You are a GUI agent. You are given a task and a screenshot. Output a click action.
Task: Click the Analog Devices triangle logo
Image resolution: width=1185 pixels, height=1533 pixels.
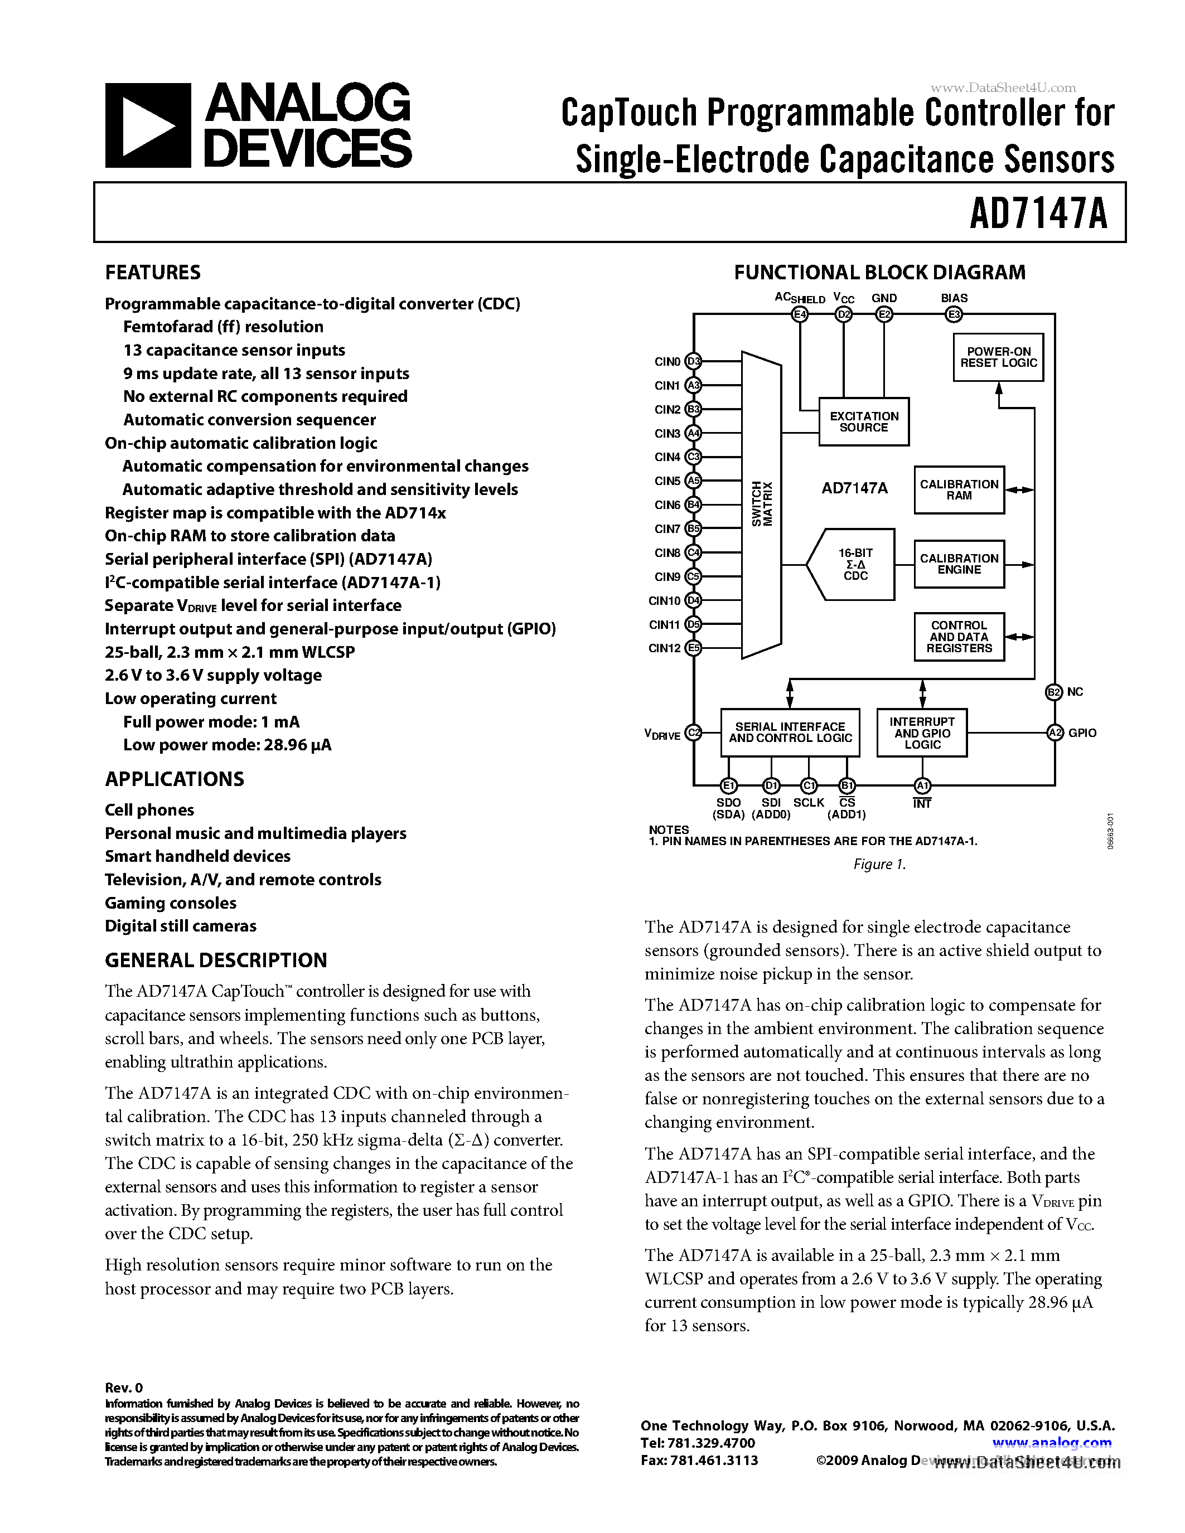coord(147,125)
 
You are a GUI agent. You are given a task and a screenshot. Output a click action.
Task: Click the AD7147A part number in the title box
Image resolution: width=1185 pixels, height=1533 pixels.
coord(1038,214)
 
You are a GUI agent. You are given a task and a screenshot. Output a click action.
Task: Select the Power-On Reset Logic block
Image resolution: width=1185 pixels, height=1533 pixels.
coord(998,357)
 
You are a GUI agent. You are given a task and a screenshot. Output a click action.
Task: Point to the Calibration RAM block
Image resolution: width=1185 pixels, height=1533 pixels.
coord(959,489)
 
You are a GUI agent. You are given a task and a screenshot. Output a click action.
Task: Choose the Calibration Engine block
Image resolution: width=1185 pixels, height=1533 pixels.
coord(959,564)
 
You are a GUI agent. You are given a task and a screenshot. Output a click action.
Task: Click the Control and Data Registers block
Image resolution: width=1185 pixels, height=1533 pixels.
coord(959,637)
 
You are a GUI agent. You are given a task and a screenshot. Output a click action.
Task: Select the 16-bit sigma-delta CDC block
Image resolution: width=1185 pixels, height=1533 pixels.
coord(853,564)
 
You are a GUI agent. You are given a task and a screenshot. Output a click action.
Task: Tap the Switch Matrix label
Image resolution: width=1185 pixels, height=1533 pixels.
coord(762,504)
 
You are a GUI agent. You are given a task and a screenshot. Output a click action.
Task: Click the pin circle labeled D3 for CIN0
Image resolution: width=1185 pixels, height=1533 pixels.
coord(694,361)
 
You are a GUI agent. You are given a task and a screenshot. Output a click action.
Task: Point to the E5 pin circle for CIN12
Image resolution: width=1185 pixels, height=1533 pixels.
coord(694,648)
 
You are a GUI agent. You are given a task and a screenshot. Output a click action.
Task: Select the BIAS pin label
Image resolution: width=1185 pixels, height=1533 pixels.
coord(954,298)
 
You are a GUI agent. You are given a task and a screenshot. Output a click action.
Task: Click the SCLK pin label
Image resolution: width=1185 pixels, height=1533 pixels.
coord(809,803)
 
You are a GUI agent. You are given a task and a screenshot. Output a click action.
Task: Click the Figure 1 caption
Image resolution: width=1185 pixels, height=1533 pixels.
coord(879,864)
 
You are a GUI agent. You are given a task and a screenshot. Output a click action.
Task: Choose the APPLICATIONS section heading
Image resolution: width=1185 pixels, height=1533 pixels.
coord(174,779)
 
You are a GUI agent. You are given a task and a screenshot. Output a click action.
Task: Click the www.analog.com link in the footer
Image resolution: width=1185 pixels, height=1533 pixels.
coord(1052,1443)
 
